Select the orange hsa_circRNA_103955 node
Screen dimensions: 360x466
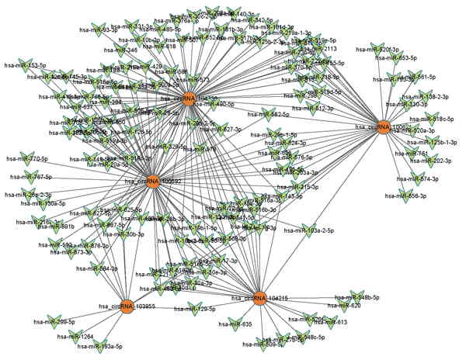(x=127, y=306)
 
